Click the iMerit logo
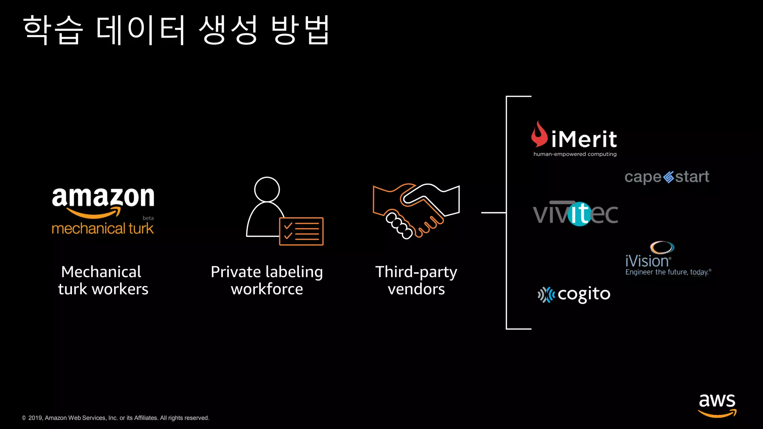click(574, 139)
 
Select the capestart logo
click(667, 177)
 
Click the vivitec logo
click(575, 213)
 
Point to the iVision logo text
click(647, 261)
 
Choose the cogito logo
click(574, 295)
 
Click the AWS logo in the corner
click(717, 405)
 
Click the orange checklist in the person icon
click(301, 231)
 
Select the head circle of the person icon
click(267, 189)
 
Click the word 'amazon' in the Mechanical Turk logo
click(103, 197)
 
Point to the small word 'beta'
click(148, 218)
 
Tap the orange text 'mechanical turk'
click(102, 228)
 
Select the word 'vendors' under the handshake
click(416, 289)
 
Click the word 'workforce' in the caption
click(267, 289)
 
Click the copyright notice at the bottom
click(115, 418)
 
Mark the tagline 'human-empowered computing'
click(575, 154)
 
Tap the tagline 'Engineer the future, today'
click(667, 272)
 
